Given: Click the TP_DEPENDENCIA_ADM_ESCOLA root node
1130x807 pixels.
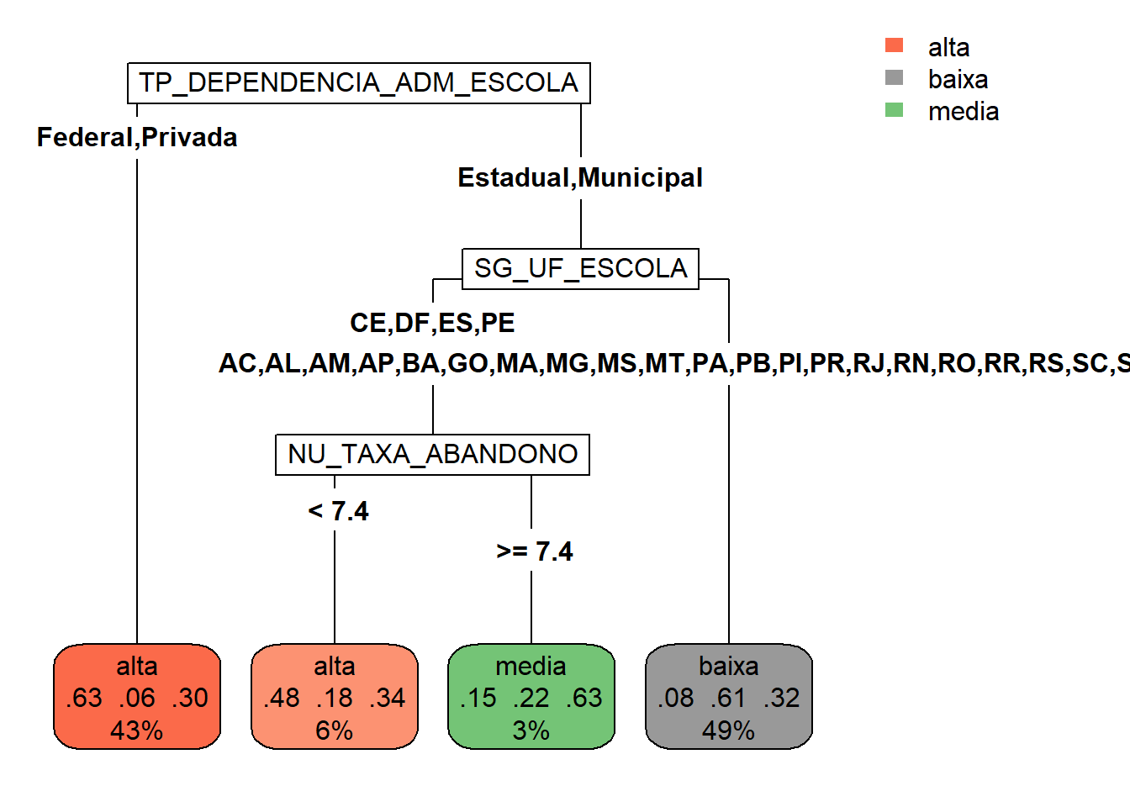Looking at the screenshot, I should point(358,83).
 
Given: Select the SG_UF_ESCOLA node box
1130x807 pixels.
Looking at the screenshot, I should point(580,269).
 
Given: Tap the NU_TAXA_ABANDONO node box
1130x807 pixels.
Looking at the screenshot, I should point(432,454).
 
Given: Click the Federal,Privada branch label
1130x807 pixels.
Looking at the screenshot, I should point(137,137).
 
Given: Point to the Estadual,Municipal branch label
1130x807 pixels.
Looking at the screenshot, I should point(580,177).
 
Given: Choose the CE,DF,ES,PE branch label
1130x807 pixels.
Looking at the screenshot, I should point(432,323).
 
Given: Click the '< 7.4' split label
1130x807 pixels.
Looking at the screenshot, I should point(338,511).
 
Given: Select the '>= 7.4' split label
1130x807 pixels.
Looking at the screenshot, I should point(535,551).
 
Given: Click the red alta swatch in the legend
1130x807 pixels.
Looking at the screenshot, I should point(894,45).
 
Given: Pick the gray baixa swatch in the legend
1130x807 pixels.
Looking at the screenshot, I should point(894,77).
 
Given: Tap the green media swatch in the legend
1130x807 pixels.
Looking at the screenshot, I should point(894,109).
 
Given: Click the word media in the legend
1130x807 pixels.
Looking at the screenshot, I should point(964,111).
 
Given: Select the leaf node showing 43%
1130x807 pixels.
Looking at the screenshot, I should point(137,697).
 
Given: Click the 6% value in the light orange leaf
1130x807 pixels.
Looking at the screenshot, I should point(334,731).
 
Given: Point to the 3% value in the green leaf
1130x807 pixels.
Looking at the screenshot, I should point(531,731).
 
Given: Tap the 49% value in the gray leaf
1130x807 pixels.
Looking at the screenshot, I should point(728,731).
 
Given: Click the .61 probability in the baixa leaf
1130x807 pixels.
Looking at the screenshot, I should point(729,698).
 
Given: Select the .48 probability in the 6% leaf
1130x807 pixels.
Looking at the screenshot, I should point(282,698).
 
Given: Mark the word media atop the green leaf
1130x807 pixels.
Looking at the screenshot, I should point(531,666).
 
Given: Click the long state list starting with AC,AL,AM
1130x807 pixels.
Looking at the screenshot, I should point(673,363).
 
